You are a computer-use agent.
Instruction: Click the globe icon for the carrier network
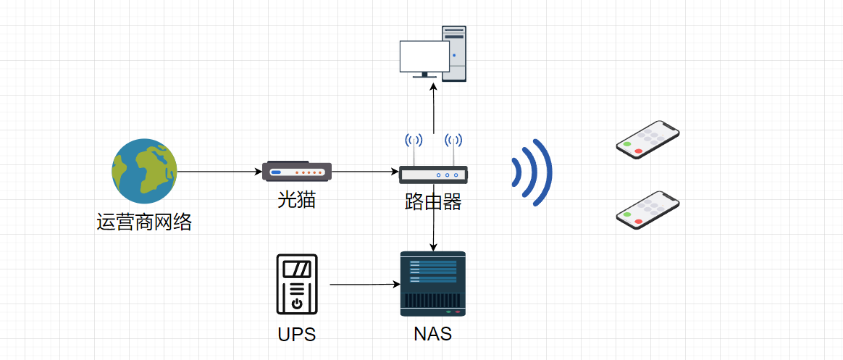point(144,171)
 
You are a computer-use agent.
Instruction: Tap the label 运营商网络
point(144,222)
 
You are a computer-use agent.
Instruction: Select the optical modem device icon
point(297,171)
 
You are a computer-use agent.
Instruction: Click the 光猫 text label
point(297,199)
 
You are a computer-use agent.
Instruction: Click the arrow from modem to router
point(365,172)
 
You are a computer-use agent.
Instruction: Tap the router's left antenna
point(414,148)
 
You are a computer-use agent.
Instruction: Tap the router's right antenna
point(453,148)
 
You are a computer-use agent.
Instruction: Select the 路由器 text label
point(433,202)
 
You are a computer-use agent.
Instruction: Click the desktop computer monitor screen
point(424,56)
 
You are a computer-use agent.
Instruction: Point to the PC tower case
point(454,54)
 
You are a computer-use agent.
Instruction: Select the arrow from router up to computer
point(433,109)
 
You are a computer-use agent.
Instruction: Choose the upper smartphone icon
point(647,140)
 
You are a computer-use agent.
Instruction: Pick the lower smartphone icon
point(647,210)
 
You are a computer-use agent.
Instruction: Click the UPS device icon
point(297,284)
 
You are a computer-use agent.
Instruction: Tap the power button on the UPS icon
point(297,304)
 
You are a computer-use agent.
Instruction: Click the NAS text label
point(433,334)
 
